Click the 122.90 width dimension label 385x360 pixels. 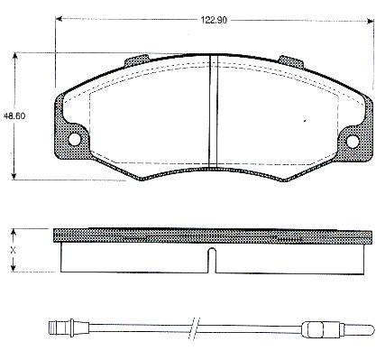[214, 20]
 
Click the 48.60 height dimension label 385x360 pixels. [14, 116]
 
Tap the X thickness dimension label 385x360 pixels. [13, 250]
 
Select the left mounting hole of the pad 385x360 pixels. [74, 139]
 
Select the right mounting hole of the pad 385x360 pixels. [353, 142]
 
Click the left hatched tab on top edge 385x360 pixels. [136, 60]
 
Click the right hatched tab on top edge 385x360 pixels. [290, 61]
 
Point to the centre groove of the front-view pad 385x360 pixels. [213, 111]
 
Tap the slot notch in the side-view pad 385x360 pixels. [212, 261]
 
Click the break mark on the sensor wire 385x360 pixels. [194, 328]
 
